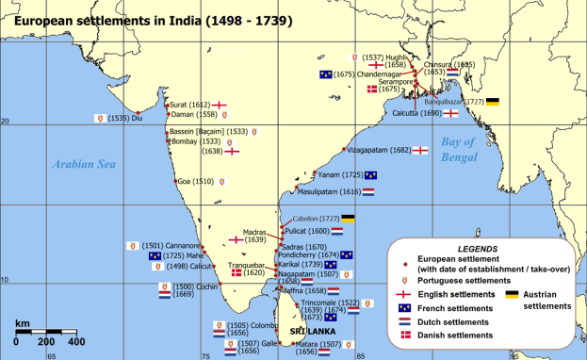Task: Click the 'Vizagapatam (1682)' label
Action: click(378, 150)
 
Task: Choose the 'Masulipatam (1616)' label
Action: click(330, 191)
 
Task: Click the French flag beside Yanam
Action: click(371, 174)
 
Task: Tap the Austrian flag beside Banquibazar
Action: click(492, 101)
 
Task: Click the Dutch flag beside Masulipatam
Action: click(368, 191)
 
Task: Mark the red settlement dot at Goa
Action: click(175, 182)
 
